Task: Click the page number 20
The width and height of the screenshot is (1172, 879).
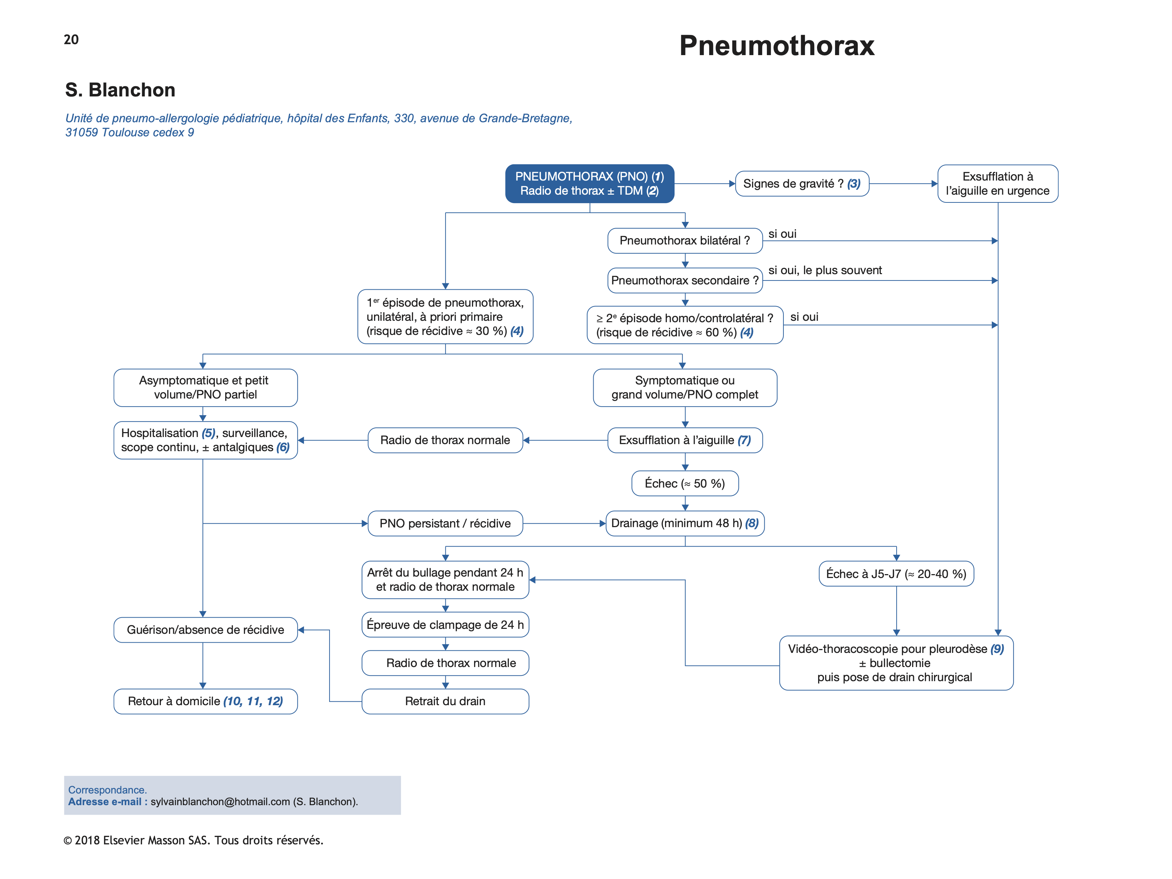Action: click(71, 40)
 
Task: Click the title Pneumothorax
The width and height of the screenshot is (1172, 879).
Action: click(776, 46)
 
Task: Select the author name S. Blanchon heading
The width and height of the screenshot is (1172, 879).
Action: click(120, 90)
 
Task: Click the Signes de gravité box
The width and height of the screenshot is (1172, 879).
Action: click(801, 184)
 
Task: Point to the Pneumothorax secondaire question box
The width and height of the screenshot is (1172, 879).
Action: click(684, 281)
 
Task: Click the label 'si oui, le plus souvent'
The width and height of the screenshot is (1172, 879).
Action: click(825, 271)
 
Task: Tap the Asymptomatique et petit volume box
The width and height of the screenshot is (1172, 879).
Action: click(205, 388)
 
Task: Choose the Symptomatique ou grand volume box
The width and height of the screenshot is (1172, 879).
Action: click(684, 388)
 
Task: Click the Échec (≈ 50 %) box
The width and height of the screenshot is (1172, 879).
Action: click(684, 483)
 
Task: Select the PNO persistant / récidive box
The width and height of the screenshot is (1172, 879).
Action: click(445, 524)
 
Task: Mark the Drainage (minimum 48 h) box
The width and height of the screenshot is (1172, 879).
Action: click(684, 524)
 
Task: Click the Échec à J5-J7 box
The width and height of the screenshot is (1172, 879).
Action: click(896, 574)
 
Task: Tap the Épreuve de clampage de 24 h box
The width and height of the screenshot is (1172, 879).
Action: click(445, 625)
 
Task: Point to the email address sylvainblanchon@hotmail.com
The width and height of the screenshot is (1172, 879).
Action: click(220, 802)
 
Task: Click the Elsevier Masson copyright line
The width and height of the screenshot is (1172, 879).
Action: click(193, 840)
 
